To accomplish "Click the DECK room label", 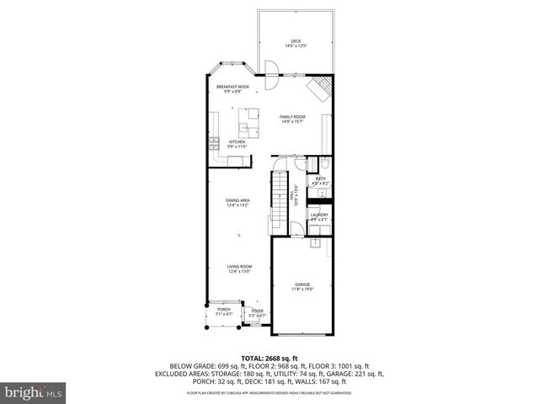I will pos(296,41).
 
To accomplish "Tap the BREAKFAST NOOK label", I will pos(232,87).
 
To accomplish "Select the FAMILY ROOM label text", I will pos(292,117).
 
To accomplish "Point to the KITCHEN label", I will pos(237,142).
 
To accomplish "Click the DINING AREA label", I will pos(237,200).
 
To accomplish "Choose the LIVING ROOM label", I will pos(240,266).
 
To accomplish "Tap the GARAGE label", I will pos(302,284).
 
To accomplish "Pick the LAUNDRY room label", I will pos(319,215).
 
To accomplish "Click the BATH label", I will pos(321,178).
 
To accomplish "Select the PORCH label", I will pos(224,310).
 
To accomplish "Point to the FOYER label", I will pos(257,311).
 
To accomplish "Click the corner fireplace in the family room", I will pos(321,88).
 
